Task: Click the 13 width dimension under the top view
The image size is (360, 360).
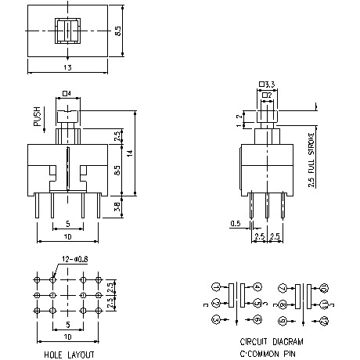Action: pos(68,68)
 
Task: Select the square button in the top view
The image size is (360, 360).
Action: pos(68,33)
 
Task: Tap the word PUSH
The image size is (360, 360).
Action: pos(36,117)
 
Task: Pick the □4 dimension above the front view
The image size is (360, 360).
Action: pos(67,94)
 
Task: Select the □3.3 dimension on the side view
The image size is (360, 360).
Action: pos(267,84)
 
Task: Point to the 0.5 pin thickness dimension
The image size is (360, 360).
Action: pos(235,224)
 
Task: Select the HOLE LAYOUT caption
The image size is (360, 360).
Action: pos(68,354)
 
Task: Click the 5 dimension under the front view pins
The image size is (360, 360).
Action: pos(68,224)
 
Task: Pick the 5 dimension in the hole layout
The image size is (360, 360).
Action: pos(68,323)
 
